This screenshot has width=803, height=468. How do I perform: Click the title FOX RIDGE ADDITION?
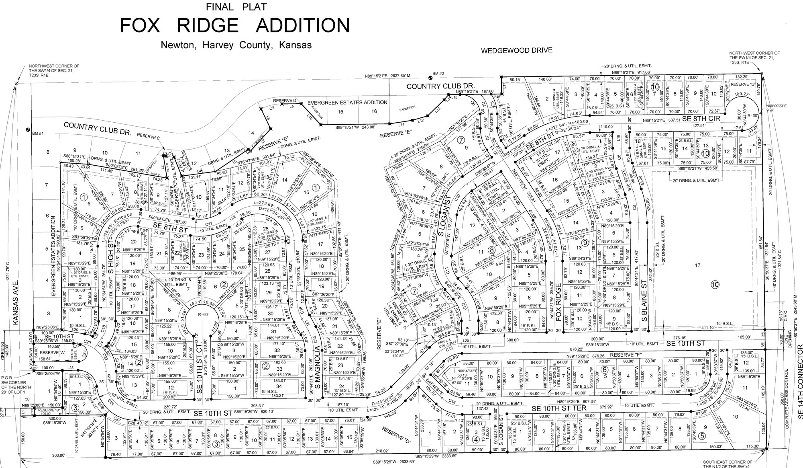point(235,25)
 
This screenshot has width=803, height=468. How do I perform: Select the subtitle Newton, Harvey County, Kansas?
point(236,45)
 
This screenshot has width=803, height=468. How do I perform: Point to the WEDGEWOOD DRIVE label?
point(517,51)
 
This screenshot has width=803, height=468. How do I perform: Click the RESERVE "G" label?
point(741,85)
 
